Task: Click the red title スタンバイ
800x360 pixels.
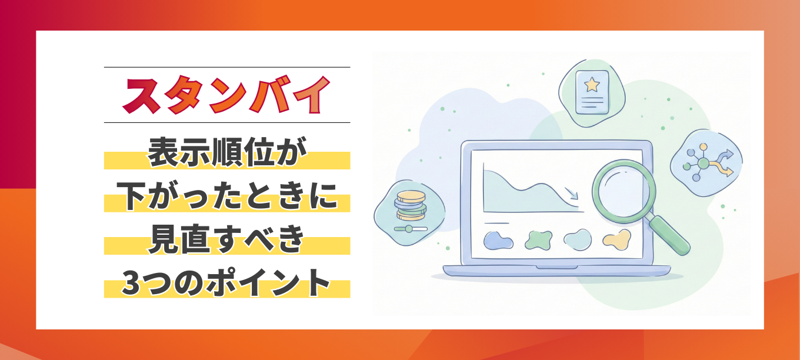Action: coord(226,95)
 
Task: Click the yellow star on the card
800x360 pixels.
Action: coord(592,85)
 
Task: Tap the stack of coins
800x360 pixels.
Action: coord(411,205)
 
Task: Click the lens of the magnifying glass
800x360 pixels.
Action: coord(624,192)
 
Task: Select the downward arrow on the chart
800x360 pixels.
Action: coord(571,193)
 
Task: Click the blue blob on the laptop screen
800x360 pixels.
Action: coord(498,241)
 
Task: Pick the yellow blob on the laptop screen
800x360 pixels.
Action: coord(617,239)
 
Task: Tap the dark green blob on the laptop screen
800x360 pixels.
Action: coord(539,240)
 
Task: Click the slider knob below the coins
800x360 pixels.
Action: coord(409,229)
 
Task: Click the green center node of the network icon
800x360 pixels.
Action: coord(703,164)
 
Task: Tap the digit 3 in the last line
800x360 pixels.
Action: coord(131,283)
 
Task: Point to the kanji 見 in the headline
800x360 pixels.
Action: coord(164,239)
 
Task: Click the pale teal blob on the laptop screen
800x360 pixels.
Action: coord(578,239)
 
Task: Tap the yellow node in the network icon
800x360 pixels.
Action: coord(703,147)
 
